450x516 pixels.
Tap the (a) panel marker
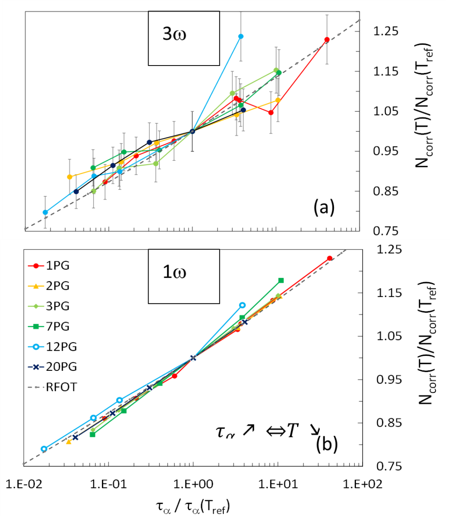click(324, 207)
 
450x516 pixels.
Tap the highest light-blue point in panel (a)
click(241, 36)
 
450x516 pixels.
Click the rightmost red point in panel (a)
click(327, 40)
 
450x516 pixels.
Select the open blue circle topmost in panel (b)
click(242, 305)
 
